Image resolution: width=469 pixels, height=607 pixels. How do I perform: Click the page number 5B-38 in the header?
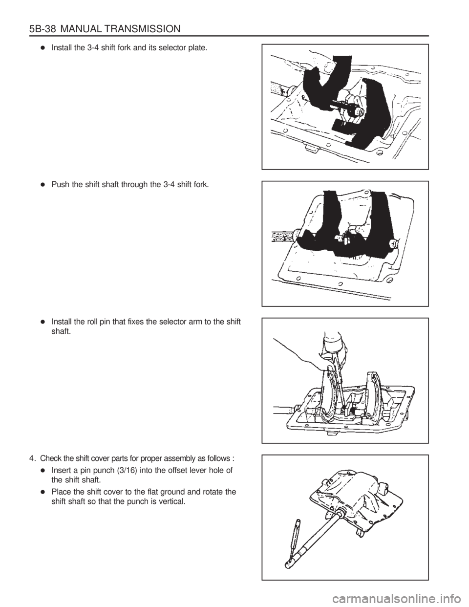43,29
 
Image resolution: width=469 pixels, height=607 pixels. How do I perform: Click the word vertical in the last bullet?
173,501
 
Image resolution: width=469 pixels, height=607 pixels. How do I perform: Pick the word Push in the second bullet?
58,185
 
